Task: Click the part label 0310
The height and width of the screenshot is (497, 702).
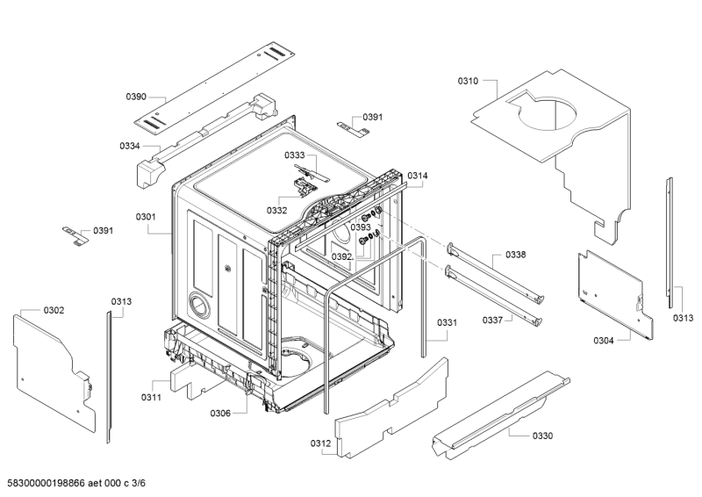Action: coord(468,81)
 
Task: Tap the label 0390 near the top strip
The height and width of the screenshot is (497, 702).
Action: coord(136,97)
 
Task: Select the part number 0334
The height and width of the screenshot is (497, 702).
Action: coord(129,146)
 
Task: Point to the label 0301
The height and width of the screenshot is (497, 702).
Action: coord(146,217)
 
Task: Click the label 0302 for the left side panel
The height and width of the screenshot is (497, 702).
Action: coord(54,311)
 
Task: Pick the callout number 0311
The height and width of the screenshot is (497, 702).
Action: coord(151,398)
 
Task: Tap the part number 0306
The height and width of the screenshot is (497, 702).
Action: coord(220,414)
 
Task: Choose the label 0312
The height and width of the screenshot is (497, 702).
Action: coord(320,443)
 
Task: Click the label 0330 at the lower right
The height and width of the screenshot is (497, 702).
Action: coord(542,436)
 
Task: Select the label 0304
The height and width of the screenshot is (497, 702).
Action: coord(604,341)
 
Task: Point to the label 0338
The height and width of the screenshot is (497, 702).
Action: coord(516,255)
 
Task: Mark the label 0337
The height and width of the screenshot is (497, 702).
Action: coord(492,321)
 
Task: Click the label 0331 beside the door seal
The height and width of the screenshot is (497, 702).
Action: coord(447,322)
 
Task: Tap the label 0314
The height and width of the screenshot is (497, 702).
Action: coord(418,176)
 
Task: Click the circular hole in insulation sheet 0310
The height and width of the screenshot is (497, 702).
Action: coord(547,113)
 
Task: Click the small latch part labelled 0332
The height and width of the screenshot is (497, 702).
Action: coord(304,186)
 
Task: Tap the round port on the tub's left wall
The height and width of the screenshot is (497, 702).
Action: coord(199,306)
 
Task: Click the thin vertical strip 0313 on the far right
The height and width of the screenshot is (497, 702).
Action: coord(670,243)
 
